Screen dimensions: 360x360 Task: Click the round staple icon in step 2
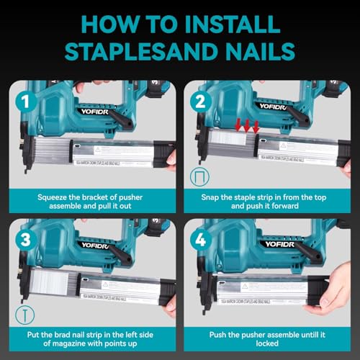click(198, 177)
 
